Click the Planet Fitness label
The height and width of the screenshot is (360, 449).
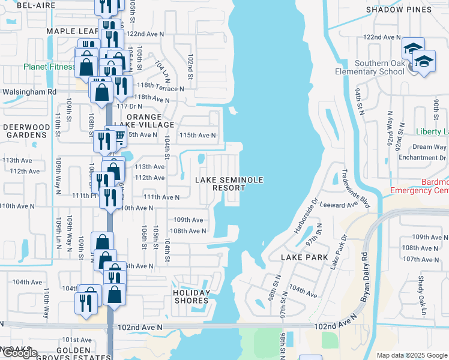tap(49, 67)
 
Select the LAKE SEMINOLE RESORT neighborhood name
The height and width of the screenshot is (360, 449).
tap(221, 184)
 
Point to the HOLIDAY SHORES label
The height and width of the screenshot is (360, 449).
tap(192, 297)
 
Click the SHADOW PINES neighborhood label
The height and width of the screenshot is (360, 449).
tap(398, 10)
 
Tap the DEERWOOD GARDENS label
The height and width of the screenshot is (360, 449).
tap(25, 131)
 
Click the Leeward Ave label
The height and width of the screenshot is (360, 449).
tap(339, 205)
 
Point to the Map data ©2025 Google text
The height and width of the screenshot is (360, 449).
tap(411, 355)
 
